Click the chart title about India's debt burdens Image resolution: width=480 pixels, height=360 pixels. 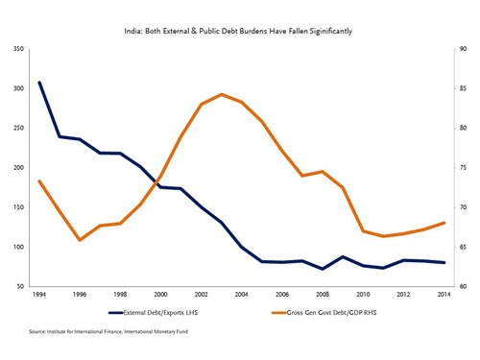coord(238,31)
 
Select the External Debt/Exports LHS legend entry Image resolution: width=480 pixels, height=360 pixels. coord(154,313)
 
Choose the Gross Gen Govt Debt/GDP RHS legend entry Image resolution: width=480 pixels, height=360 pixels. coord(324,313)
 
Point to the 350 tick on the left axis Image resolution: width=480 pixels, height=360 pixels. coord(18,49)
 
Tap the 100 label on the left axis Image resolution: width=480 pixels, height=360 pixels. coord(18,247)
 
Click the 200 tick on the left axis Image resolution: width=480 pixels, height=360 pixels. coord(18,168)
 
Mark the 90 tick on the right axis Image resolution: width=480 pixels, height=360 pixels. coord(463,49)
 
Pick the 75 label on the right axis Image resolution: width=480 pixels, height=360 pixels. coord(463,168)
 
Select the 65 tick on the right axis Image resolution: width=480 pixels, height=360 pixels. coord(463,247)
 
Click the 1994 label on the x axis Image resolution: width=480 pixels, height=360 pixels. coord(39,295)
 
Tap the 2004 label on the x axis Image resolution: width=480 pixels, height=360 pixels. coord(241,295)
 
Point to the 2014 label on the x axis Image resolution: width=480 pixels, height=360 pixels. coord(444,295)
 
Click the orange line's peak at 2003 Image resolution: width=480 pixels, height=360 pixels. coord(222,94)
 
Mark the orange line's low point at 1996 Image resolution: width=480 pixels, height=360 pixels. coord(80,240)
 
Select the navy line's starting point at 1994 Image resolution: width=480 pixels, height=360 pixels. coord(39,83)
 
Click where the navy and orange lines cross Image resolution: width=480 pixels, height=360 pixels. coord(156,182)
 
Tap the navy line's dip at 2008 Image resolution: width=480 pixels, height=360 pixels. coord(323,269)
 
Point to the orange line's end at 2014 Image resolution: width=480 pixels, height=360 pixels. coord(444,223)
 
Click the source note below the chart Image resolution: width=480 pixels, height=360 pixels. coord(108,331)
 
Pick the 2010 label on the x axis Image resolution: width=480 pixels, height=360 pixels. coord(363,295)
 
